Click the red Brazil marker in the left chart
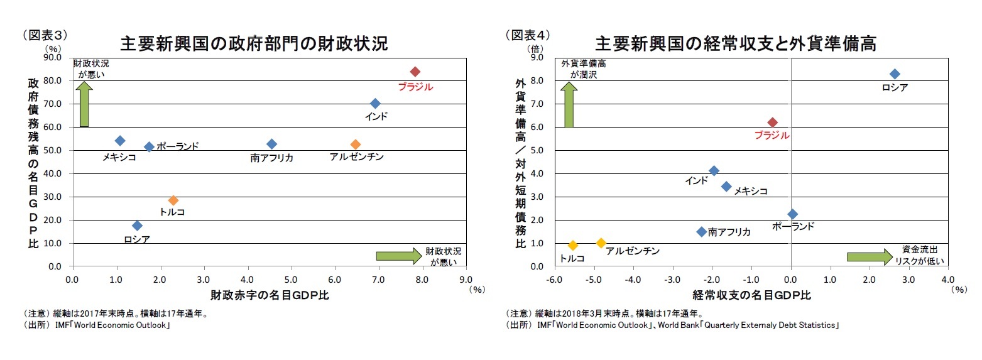coord(415,72)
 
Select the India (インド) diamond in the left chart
coord(375,104)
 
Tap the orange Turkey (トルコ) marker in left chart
coord(173,200)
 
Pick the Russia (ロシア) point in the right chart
coord(895,74)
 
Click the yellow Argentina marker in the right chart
coord(601,243)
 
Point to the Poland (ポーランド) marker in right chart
coord(792,214)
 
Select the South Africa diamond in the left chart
coord(271,145)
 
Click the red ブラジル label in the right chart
coord(772,135)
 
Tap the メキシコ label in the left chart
coord(119,158)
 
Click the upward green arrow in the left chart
coord(84,104)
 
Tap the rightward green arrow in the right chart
coord(870,256)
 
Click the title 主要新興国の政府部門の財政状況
coord(253,43)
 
